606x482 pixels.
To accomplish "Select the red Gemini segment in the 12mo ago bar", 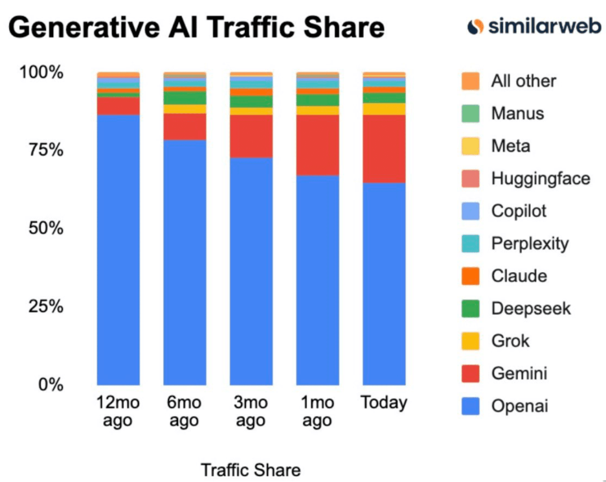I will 118,106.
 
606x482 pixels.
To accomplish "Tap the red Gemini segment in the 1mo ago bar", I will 317,144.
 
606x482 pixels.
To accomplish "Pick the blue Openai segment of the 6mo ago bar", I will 185,262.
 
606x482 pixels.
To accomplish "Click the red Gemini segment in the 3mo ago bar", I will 251,135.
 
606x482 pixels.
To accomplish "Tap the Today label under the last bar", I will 384,402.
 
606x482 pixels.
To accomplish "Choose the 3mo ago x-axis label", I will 251,411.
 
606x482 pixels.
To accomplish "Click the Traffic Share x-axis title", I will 251,470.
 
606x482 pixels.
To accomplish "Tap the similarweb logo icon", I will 476,27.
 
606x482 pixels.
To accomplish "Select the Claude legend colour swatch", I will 471,276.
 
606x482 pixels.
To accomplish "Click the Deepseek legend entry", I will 531,308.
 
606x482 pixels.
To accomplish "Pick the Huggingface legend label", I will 541,178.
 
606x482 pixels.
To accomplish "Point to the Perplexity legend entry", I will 530,244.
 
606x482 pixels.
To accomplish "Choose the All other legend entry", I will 523,81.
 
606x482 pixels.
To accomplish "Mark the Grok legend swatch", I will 471,341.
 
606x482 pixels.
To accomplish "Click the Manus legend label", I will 517,113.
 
